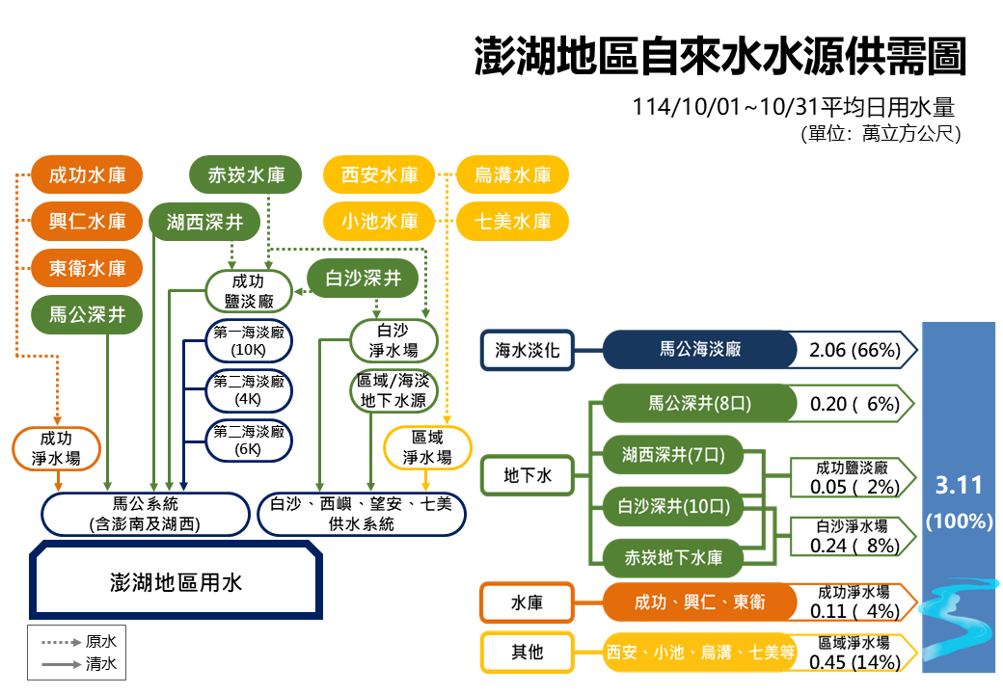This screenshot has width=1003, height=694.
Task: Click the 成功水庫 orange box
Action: click(87, 174)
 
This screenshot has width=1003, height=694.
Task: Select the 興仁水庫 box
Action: click(87, 222)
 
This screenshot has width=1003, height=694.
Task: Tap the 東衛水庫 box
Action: click(87, 268)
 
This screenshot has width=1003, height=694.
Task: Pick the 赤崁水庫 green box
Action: click(246, 174)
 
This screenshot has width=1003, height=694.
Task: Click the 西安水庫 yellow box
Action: click(379, 174)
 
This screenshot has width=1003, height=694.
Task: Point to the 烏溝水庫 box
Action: click(512, 174)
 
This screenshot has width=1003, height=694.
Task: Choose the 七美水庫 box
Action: click(512, 222)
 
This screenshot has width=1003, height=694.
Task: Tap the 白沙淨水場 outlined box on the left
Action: click(393, 340)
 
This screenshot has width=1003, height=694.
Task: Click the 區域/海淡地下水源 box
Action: click(393, 389)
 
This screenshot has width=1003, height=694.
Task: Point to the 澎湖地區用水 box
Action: click(176, 582)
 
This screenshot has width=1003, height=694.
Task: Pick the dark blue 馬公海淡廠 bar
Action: click(700, 349)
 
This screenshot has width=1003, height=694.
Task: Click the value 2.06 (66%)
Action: click(854, 350)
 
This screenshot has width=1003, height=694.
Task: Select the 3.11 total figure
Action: click(959, 486)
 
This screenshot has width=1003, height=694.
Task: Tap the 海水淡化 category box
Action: click(528, 350)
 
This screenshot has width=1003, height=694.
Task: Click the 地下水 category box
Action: click(528, 474)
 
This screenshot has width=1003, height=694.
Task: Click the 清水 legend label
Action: click(101, 663)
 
